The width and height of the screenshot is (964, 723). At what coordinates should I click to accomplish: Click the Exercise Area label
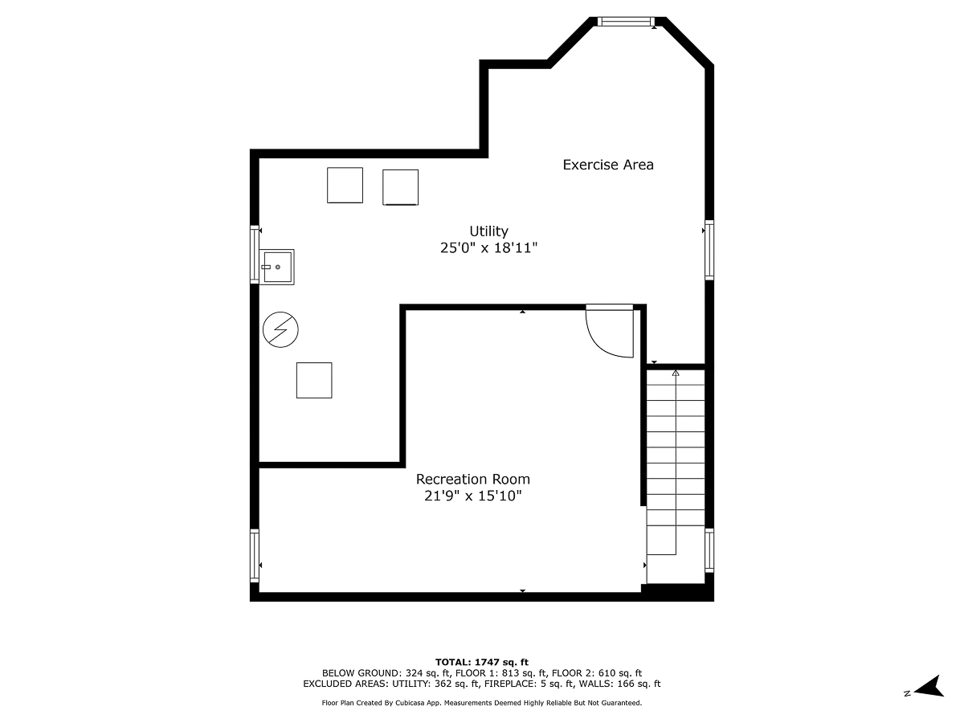point(608,165)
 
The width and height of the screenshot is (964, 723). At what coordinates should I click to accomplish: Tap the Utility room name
point(488,231)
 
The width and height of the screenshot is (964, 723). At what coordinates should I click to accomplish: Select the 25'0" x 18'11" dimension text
point(488,249)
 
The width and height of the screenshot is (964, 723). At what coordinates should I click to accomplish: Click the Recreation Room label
point(472,479)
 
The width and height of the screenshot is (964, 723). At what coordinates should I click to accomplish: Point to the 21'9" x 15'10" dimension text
point(472,496)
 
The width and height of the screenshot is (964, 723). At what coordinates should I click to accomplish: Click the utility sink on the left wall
point(277,267)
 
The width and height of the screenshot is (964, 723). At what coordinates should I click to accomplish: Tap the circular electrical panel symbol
point(280,330)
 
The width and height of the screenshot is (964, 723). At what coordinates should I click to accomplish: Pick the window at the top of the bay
point(625,22)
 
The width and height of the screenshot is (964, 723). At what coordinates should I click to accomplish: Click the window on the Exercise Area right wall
point(709,250)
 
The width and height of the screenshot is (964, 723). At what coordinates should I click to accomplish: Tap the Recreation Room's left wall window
point(255,555)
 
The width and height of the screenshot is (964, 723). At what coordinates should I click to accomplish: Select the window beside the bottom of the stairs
point(709,550)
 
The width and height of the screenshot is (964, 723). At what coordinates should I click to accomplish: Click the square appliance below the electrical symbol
point(314,380)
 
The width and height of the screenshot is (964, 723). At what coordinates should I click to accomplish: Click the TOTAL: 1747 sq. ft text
point(481,662)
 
